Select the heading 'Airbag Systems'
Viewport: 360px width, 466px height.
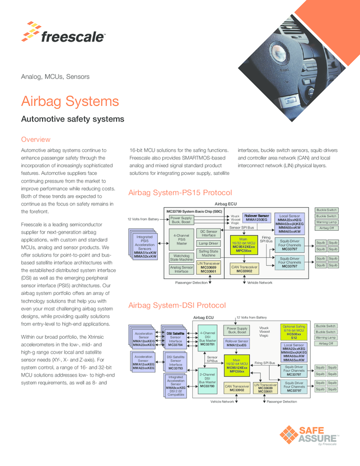(x=70, y=101)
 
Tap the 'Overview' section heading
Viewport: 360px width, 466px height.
(x=35, y=139)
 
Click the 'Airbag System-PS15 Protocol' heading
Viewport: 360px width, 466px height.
(x=180, y=193)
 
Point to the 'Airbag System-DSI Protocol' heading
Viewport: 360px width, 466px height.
(x=176, y=305)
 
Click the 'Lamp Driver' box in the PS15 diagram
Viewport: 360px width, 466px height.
(x=208, y=243)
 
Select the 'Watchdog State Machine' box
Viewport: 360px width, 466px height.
(x=181, y=257)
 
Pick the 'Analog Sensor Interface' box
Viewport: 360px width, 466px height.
(x=181, y=269)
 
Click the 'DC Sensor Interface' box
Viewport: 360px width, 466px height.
(x=208, y=233)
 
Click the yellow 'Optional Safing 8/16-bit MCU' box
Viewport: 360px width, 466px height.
(x=294, y=332)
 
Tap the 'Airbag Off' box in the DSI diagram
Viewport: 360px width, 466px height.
(x=326, y=344)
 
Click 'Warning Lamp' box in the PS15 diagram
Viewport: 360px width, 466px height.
(x=326, y=222)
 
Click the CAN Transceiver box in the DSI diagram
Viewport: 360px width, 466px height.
(x=237, y=388)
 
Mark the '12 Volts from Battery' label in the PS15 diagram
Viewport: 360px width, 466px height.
(x=142, y=219)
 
